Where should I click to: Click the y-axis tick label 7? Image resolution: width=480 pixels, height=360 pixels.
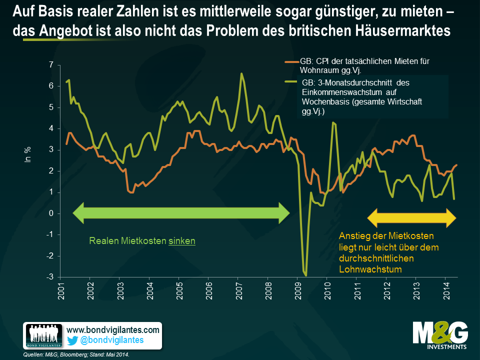[51, 65]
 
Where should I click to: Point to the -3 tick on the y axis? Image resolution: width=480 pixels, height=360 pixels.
[50, 277]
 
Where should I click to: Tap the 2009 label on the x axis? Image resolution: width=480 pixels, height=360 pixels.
[298, 289]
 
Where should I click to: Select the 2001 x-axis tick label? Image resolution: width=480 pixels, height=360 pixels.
[61, 289]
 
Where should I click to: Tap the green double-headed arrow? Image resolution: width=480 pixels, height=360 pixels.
[181, 213]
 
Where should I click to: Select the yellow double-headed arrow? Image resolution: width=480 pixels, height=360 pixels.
[412, 216]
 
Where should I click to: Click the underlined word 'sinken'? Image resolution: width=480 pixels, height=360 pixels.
[182, 241]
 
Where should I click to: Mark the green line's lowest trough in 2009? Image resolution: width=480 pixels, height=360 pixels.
[305, 274]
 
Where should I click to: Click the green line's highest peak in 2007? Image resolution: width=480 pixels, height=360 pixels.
[241, 74]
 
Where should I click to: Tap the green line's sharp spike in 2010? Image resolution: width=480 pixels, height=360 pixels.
[333, 122]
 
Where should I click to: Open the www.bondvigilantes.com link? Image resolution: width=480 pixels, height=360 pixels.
[113, 330]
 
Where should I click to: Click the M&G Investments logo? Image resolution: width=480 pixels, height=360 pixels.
[440, 335]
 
